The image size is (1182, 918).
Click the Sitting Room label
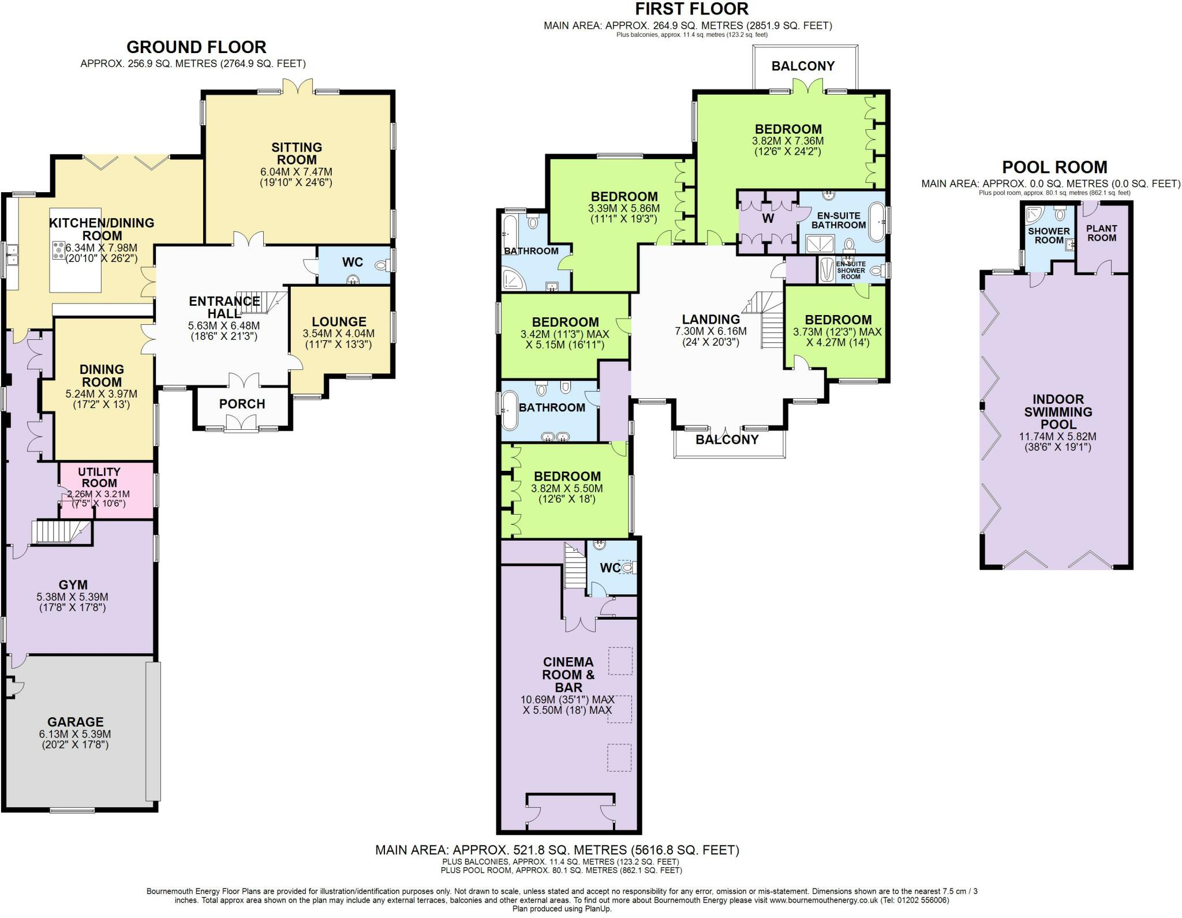click(x=297, y=153)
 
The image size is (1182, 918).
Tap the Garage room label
click(x=76, y=722)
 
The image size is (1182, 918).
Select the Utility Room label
click(x=99, y=477)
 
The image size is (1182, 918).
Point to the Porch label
click(x=242, y=404)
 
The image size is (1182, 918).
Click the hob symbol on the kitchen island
click(x=59, y=250)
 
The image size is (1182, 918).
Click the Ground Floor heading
click(x=196, y=47)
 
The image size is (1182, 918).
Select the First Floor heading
click(x=692, y=9)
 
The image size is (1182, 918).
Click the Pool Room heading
click(x=1054, y=167)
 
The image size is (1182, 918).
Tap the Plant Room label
click(x=1101, y=233)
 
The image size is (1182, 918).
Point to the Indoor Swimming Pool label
click(x=1058, y=411)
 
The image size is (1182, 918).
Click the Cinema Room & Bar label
click(x=568, y=675)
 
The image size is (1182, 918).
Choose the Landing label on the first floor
click(x=710, y=319)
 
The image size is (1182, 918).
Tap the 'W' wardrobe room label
click(x=768, y=218)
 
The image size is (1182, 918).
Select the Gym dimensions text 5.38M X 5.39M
click(x=72, y=597)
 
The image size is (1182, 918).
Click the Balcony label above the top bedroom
click(x=803, y=66)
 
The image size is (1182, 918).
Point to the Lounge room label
click(x=339, y=322)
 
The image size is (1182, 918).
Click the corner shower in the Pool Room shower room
click(x=1037, y=215)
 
